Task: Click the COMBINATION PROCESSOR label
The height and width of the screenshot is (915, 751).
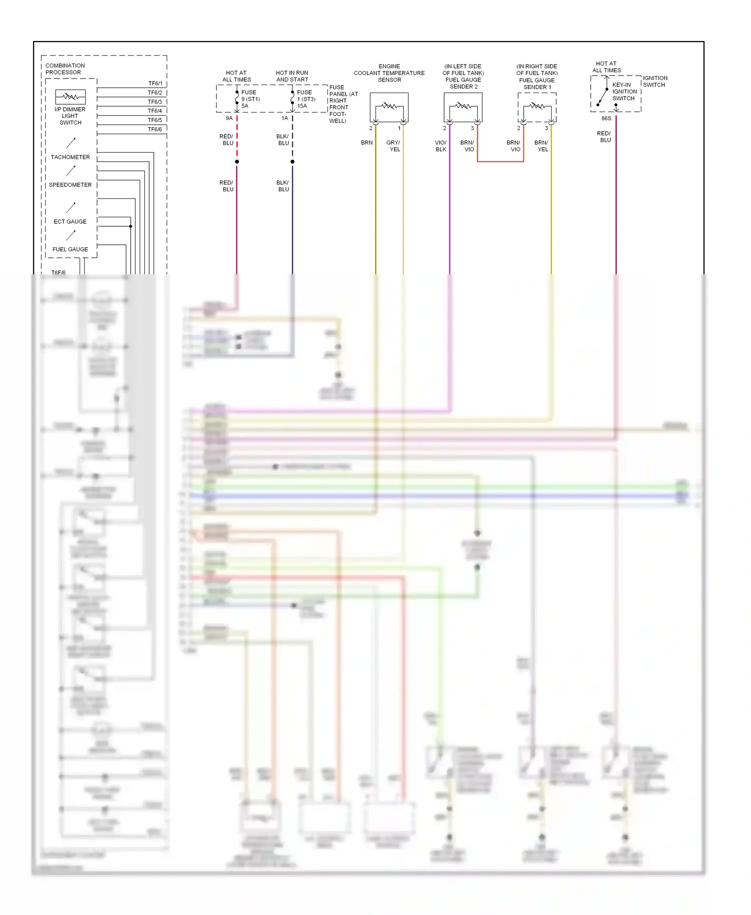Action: click(x=65, y=69)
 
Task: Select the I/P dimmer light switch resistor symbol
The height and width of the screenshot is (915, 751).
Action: click(x=70, y=97)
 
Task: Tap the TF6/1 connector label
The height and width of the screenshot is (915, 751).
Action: click(x=155, y=84)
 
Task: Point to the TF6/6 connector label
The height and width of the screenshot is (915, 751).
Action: click(x=155, y=129)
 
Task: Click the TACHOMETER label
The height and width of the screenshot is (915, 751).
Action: click(x=70, y=157)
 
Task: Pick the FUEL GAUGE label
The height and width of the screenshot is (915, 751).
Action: click(x=70, y=249)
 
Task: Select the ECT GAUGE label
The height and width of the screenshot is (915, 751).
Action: click(x=70, y=221)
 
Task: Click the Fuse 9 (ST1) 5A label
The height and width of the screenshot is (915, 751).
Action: click(x=250, y=99)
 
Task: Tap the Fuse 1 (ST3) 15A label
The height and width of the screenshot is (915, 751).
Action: click(x=306, y=99)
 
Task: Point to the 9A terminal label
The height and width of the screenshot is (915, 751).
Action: click(x=229, y=118)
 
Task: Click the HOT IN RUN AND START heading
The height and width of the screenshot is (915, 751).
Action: click(x=292, y=76)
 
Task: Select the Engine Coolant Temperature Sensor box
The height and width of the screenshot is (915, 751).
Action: click(x=389, y=107)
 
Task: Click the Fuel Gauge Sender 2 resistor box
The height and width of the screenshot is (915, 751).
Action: click(x=463, y=107)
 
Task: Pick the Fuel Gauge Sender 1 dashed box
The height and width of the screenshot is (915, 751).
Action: click(x=537, y=107)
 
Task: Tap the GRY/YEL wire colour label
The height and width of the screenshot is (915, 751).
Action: click(x=394, y=146)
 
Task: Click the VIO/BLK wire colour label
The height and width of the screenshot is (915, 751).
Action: click(x=441, y=146)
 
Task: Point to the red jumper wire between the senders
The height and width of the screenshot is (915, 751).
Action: click(x=500, y=161)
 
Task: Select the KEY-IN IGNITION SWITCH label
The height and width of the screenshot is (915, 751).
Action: click(x=624, y=92)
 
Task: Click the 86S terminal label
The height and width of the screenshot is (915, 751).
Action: click(x=606, y=119)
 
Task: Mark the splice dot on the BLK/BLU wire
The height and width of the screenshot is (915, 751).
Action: click(x=292, y=162)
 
